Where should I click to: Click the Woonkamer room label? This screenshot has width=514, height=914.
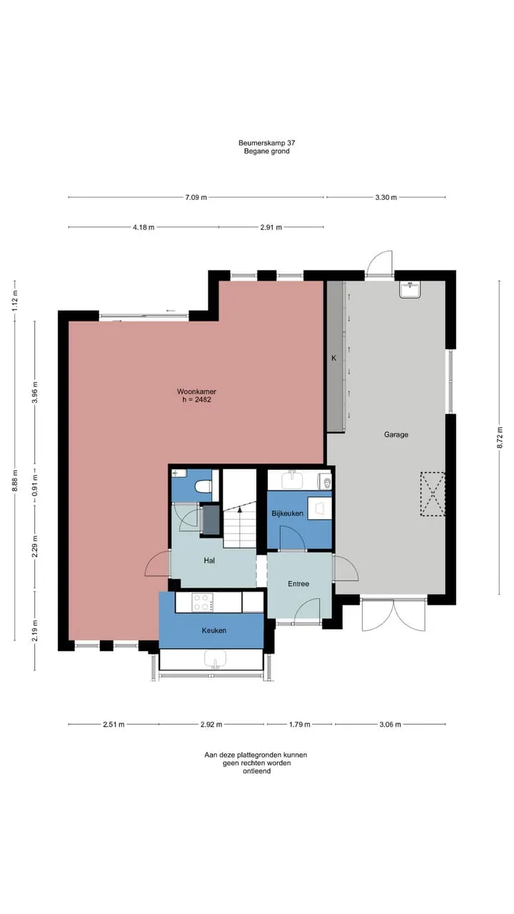click(196, 391)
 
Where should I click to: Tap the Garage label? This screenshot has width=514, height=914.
click(396, 435)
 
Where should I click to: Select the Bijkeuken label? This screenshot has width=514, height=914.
click(288, 513)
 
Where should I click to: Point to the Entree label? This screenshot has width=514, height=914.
click(298, 584)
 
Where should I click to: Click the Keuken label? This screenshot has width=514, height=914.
click(214, 631)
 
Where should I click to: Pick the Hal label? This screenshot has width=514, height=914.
click(209, 561)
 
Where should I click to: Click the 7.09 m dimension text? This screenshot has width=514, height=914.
click(196, 198)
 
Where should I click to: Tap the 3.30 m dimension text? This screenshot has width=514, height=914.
click(386, 198)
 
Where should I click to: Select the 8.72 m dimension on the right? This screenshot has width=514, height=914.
click(500, 438)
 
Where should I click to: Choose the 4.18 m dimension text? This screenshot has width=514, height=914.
click(143, 227)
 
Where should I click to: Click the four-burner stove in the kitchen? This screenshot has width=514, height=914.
click(203, 602)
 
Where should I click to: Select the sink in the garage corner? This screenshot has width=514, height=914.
click(410, 290)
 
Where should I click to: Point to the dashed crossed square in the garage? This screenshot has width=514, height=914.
click(433, 495)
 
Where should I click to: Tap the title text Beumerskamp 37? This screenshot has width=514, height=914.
click(267, 143)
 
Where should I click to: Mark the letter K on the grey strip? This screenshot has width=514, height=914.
click(334, 358)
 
